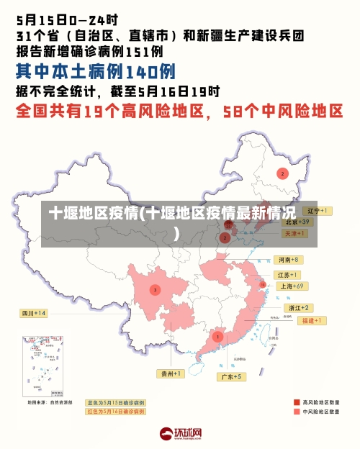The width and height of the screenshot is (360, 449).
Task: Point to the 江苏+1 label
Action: [287, 275]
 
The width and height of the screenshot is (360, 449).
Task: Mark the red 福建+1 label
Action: [314, 320]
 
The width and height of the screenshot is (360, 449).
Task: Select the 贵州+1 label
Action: [171, 373]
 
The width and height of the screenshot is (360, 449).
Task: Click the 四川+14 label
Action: [34, 314]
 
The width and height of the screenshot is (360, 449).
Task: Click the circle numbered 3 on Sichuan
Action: [155, 290]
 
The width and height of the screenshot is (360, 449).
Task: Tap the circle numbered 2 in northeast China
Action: [282, 173]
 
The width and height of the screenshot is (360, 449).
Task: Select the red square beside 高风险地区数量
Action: [297, 402]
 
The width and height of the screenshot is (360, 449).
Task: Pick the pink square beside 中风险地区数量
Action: [297, 412]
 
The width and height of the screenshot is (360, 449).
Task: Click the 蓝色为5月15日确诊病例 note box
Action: [115, 402]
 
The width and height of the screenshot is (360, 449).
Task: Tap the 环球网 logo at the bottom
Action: [180, 433]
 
